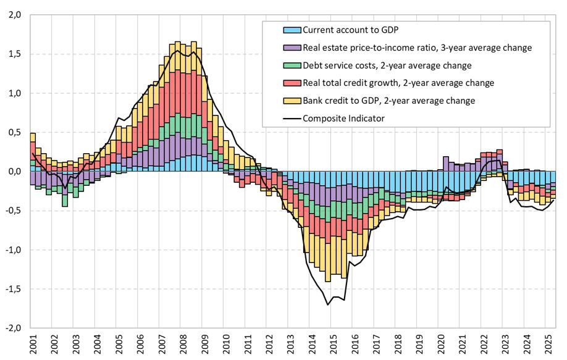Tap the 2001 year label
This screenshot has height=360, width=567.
click(31, 343)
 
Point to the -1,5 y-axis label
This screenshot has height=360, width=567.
click(12, 289)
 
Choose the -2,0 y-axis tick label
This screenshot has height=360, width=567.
click(12, 328)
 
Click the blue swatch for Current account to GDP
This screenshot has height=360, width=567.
click(291, 30)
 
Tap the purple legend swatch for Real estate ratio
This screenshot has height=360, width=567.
click(291, 48)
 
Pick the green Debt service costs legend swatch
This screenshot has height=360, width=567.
click(291, 65)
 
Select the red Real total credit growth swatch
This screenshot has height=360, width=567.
click(291, 83)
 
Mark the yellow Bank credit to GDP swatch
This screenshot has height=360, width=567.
click(291, 101)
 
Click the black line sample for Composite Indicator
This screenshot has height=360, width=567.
click(291, 118)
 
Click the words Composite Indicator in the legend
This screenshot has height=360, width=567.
click(343, 118)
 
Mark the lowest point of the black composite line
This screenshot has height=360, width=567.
click(327, 305)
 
